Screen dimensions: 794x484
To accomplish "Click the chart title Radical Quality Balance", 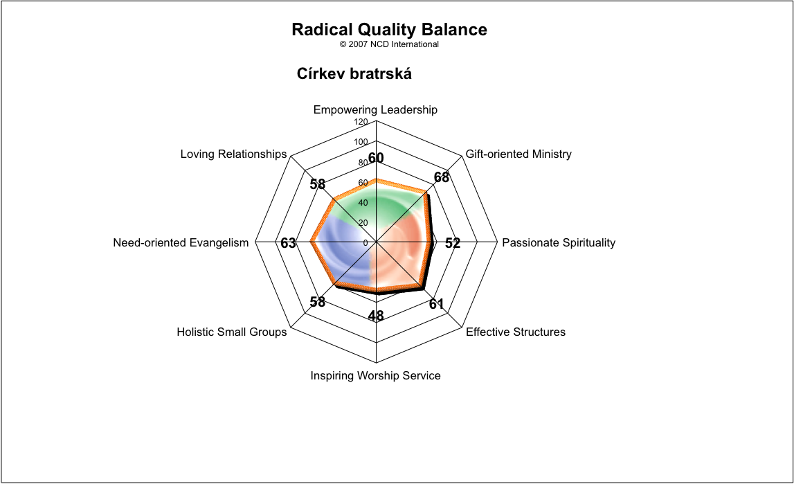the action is click(389, 30).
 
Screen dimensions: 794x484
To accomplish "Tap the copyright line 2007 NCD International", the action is click(389, 44).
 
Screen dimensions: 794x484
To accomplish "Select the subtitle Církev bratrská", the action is click(354, 74).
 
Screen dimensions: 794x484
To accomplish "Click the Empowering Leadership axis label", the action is click(375, 110).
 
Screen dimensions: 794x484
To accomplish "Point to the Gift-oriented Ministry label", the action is click(518, 154).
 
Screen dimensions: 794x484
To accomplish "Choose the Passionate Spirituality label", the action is click(559, 242).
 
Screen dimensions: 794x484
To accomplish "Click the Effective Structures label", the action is click(516, 332).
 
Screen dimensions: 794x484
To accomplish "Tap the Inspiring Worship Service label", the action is click(375, 376).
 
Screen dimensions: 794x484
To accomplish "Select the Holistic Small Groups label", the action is click(231, 332).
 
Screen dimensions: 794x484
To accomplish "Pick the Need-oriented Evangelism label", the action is click(181, 242).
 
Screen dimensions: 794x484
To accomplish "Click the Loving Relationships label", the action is click(233, 154).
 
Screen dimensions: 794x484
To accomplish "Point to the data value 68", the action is click(442, 177).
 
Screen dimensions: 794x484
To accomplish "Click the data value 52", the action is click(453, 243).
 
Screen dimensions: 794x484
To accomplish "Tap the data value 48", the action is click(376, 316).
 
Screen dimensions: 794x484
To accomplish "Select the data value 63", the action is click(288, 243).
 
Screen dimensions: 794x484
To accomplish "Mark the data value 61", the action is click(437, 304).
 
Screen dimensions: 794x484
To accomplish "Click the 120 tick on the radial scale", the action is click(361, 122).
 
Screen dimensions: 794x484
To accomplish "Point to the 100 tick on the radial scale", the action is click(361, 142).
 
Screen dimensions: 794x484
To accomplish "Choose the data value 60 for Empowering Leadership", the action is click(376, 158).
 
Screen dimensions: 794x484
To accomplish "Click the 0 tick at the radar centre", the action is click(366, 243).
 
